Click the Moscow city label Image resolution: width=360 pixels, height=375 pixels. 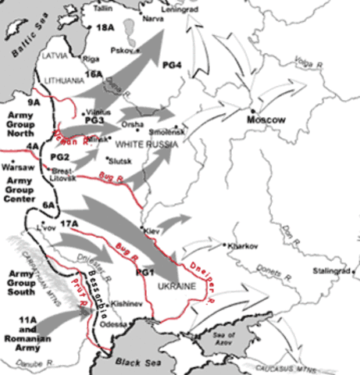pos(266,120)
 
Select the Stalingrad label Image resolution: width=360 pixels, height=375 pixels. pos(330,271)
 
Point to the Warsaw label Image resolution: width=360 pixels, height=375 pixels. pos(18,167)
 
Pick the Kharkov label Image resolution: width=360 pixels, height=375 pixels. pos(241,245)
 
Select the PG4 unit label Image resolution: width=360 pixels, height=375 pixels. pos(171,65)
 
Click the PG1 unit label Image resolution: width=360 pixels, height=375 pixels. pos(145,271)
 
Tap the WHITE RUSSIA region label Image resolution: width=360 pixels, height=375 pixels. pos(141,145)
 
